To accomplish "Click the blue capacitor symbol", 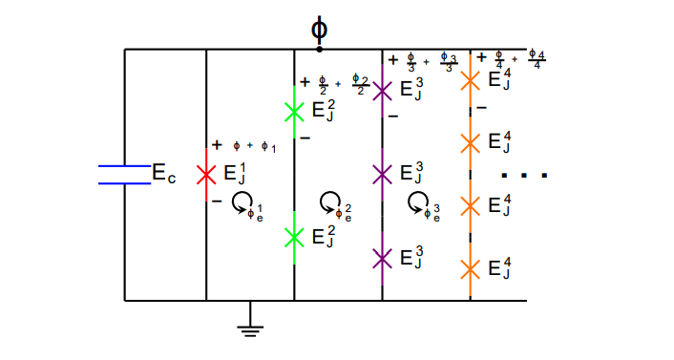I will tap(124, 173).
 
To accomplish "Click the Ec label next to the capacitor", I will tap(164, 173).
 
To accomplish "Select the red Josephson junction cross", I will tap(206, 175).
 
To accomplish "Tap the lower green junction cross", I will tap(294, 236).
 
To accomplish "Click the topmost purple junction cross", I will tap(382, 91).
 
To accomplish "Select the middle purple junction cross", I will tap(382, 174).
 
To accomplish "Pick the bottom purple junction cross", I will tap(382, 258).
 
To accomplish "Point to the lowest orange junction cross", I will tap(470, 268).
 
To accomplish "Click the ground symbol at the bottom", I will tap(250, 328).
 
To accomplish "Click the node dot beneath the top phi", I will tap(319, 49).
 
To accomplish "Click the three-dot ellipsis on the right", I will tap(524, 176).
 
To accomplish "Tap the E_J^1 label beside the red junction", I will tap(234, 173).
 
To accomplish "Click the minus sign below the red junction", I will tap(217, 201).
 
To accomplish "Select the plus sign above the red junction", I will tap(217, 145).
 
